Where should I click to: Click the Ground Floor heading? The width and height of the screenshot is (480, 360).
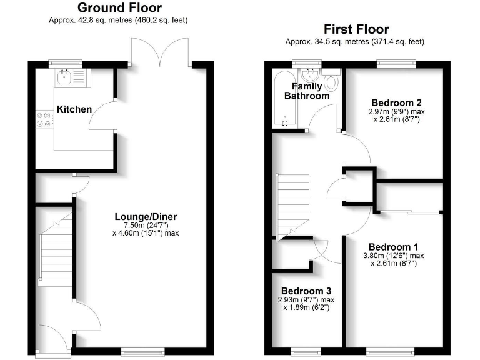click(119, 8)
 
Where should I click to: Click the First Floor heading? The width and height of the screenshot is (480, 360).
click(356, 29)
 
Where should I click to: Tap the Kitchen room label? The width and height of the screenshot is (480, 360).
click(74, 109)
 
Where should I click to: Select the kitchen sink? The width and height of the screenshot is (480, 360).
click(64, 77)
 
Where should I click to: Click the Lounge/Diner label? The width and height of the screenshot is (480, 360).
click(150, 217)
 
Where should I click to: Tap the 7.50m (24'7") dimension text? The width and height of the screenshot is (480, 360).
click(150, 225)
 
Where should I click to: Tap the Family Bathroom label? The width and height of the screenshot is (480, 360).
click(307, 91)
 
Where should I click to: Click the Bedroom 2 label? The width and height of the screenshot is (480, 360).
click(396, 102)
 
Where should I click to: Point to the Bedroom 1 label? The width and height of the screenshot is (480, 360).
click(394, 246)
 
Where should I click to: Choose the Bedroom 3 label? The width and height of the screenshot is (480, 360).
click(306, 291)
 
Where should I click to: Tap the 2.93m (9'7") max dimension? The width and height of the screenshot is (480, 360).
click(306, 299)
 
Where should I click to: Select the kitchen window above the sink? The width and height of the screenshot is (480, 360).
click(65, 62)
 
